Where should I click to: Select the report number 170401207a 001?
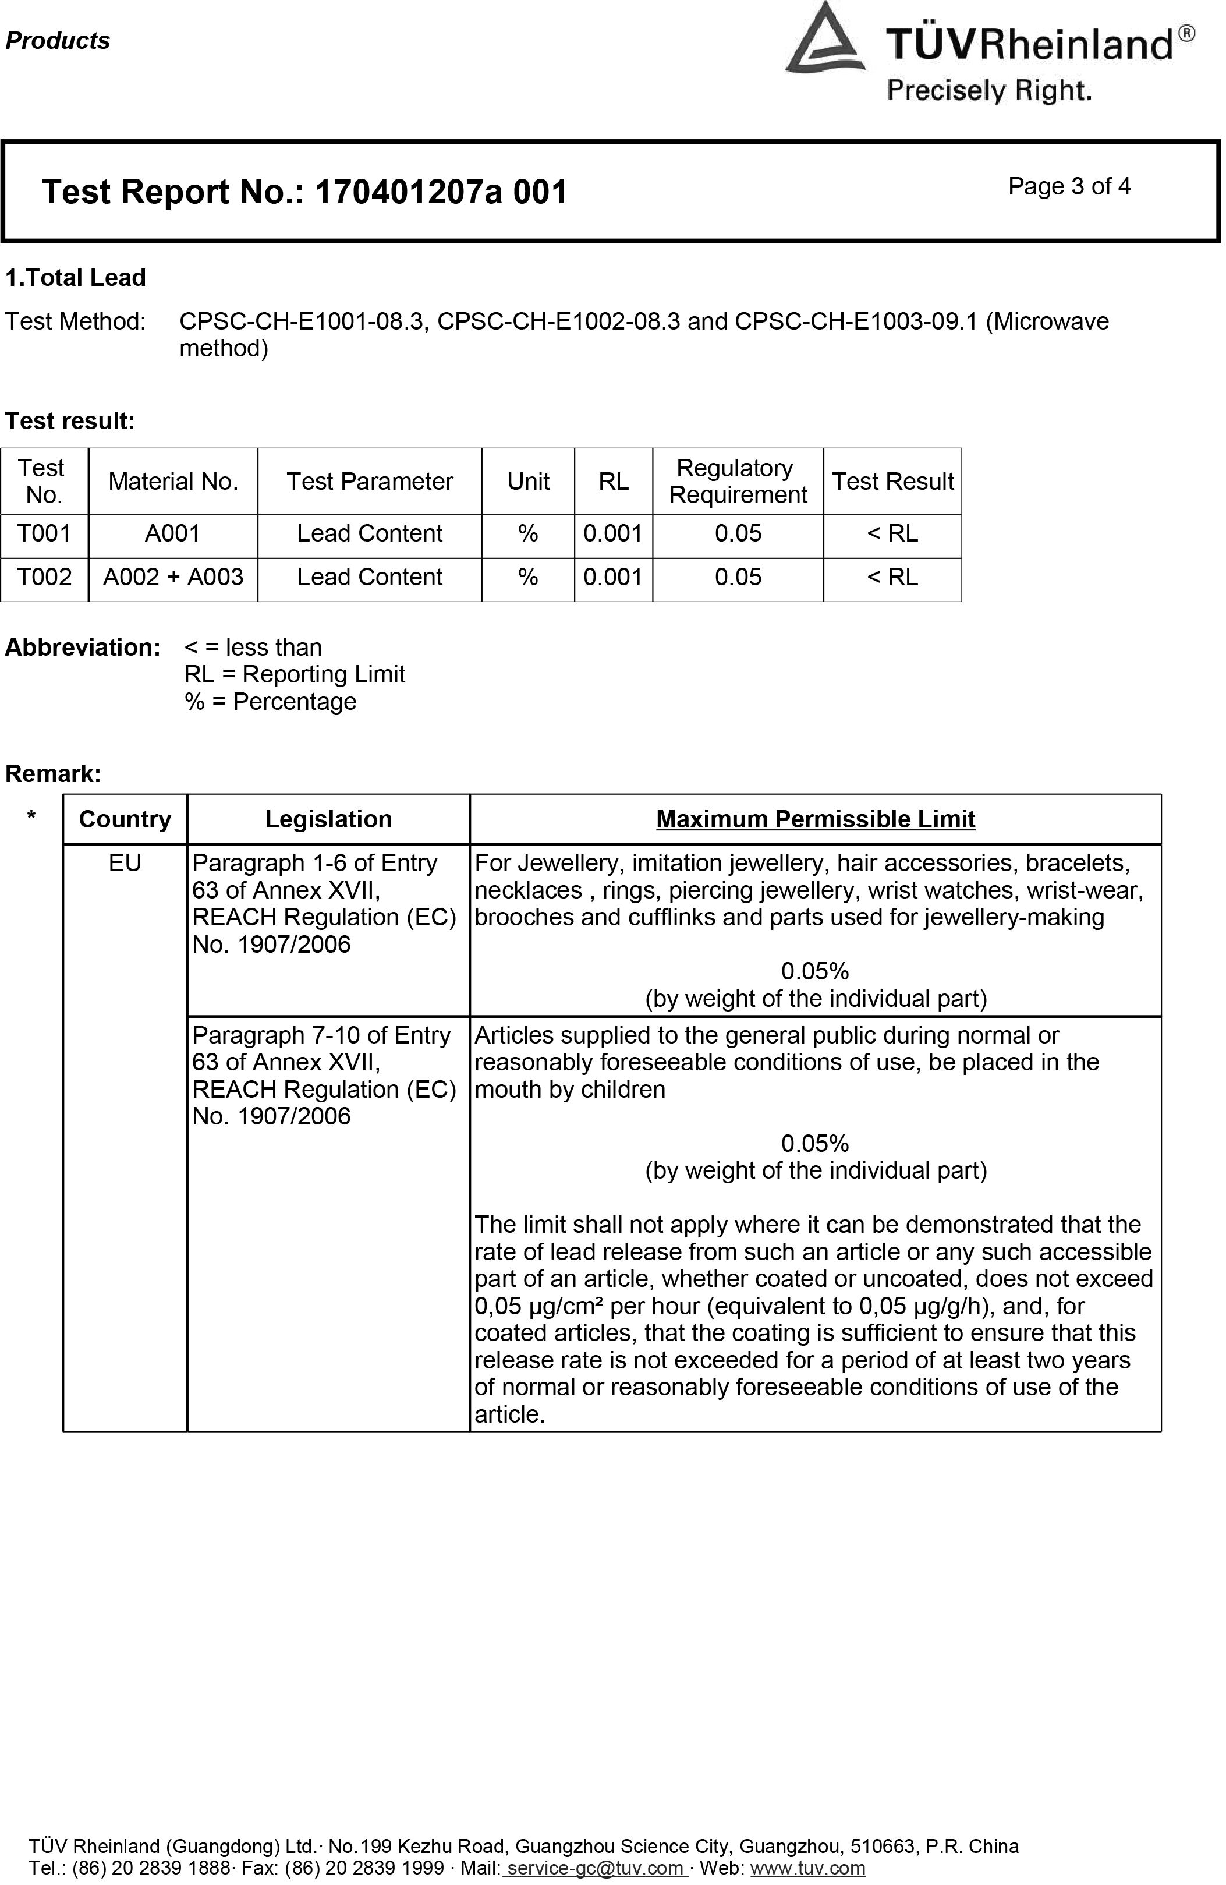[x=441, y=193]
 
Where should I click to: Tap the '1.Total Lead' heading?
[x=76, y=278]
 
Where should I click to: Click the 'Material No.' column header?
[x=173, y=482]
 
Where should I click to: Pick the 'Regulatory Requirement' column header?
[x=738, y=482]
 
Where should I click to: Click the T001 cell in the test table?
[x=44, y=534]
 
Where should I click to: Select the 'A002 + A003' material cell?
[x=173, y=578]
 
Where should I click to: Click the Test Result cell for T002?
[x=892, y=578]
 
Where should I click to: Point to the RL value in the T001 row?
[x=613, y=534]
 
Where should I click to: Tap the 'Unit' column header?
[x=527, y=482]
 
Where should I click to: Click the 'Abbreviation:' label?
[x=83, y=648]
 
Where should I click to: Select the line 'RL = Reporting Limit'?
[x=294, y=675]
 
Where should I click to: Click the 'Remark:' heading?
[x=53, y=774]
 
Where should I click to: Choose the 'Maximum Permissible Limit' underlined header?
[x=815, y=820]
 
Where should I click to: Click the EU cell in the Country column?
[x=125, y=863]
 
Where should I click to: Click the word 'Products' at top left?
[x=58, y=41]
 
